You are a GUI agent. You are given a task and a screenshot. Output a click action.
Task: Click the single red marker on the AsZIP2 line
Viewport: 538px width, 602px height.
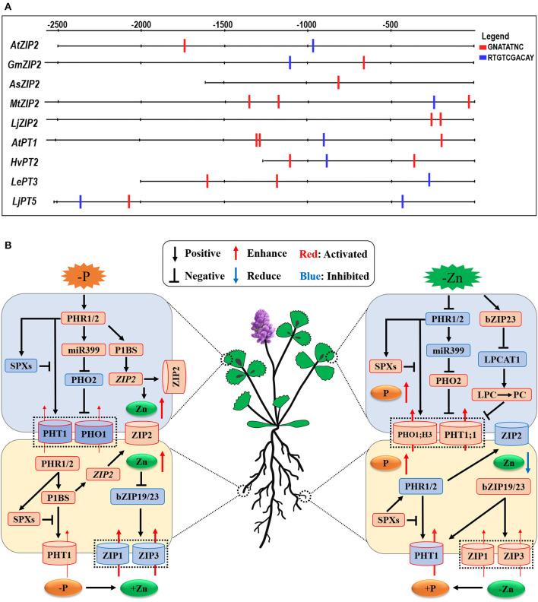338,82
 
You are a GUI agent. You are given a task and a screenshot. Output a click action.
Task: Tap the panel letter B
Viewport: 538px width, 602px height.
8,246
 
